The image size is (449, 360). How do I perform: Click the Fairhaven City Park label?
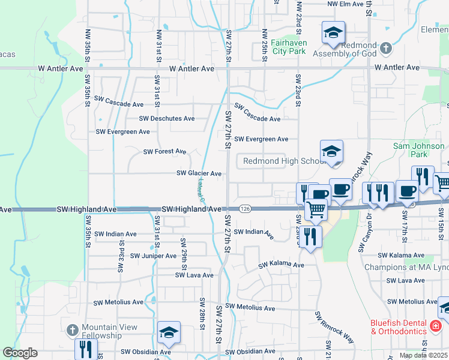click(x=288, y=47)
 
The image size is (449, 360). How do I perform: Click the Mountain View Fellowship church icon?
click(x=72, y=331)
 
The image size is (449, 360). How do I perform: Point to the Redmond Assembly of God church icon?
click(x=385, y=47)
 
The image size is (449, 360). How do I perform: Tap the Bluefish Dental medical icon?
click(x=436, y=326)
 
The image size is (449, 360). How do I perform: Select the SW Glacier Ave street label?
click(x=199, y=173)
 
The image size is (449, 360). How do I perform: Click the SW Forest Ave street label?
click(x=164, y=152)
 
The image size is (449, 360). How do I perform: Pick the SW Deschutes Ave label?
click(x=167, y=119)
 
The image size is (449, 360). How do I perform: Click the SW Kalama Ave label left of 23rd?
click(x=281, y=265)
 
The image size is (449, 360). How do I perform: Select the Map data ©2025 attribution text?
click(x=424, y=355)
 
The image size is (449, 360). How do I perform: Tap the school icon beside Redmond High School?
click(x=331, y=152)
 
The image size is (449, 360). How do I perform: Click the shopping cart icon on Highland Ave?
click(x=316, y=210)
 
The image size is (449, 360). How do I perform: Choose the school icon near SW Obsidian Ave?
click(x=169, y=334)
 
